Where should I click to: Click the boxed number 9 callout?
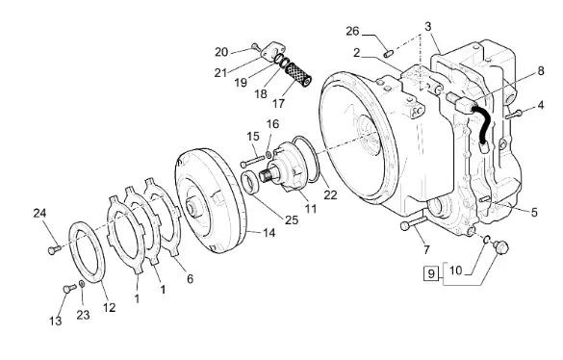pyautogui.click(x=431, y=273)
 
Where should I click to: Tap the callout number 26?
pyautogui.click(x=352, y=31)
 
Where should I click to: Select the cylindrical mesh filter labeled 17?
pyautogui.click(x=298, y=74)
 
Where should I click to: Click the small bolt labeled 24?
pyautogui.click(x=55, y=249)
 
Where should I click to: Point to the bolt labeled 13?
pyautogui.click(x=69, y=288)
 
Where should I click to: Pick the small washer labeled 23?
pyautogui.click(x=82, y=284)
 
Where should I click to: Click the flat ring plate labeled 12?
pyautogui.click(x=87, y=252)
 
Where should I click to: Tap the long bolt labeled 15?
pyautogui.click(x=252, y=161)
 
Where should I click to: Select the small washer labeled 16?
pyautogui.click(x=269, y=155)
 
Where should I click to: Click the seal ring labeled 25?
pyautogui.click(x=250, y=183)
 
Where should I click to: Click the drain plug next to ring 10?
pyautogui.click(x=501, y=247)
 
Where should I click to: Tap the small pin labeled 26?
pyautogui.click(x=389, y=54)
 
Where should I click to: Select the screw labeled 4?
pyautogui.click(x=514, y=115)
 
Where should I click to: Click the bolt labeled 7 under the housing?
pyautogui.click(x=413, y=222)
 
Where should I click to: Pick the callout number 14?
pyautogui.click(x=269, y=233)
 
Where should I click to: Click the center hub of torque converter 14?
pyautogui.click(x=192, y=209)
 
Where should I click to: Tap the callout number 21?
pyautogui.click(x=220, y=72)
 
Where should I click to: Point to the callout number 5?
pyautogui.click(x=534, y=213)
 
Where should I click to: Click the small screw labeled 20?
pyautogui.click(x=255, y=47)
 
